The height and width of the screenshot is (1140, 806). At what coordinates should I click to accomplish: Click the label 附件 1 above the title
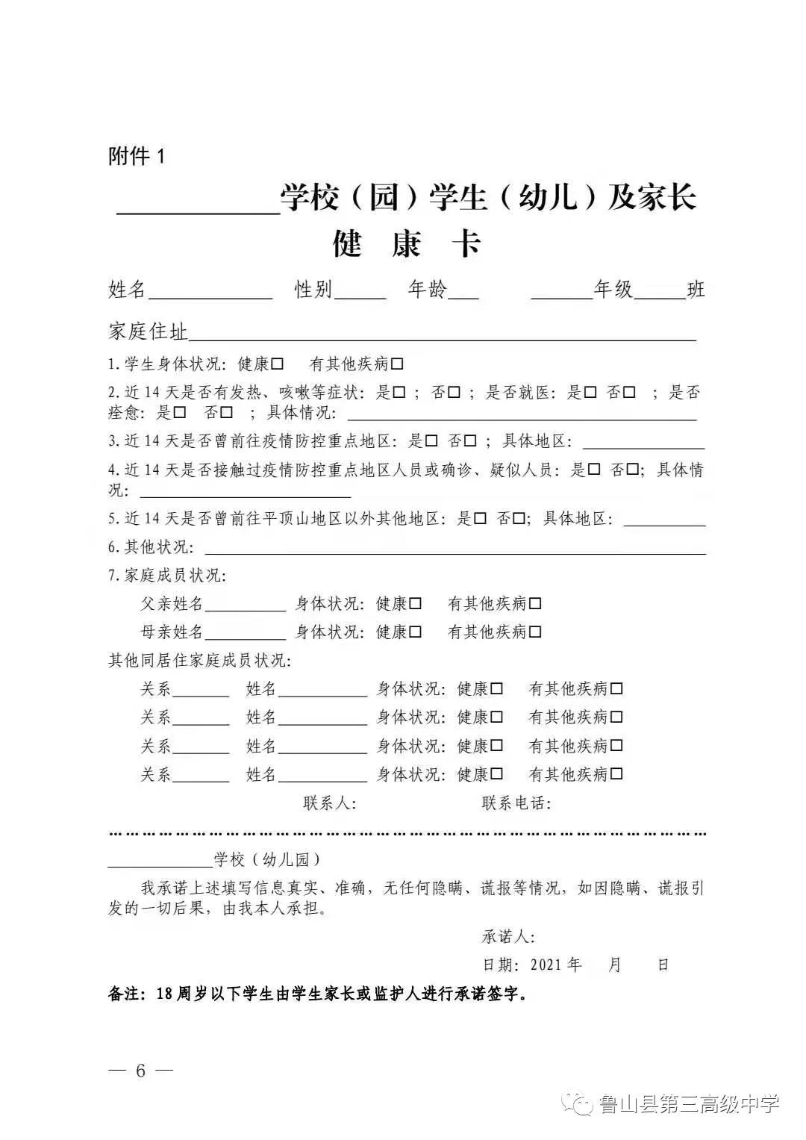(x=137, y=156)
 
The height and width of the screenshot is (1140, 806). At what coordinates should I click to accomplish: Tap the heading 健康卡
(x=406, y=244)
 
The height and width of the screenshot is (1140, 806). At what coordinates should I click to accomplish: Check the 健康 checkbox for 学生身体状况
(x=278, y=364)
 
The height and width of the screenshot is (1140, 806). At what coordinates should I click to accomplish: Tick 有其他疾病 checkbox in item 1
(x=397, y=364)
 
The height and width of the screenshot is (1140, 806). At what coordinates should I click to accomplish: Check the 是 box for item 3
(x=431, y=441)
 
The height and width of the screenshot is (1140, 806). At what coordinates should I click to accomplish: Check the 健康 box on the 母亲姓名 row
(x=416, y=632)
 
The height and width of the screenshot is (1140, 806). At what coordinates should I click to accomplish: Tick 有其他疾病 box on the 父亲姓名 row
(x=535, y=604)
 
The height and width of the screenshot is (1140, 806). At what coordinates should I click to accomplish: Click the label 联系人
(x=329, y=803)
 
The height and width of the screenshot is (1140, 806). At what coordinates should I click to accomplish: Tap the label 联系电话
(x=516, y=803)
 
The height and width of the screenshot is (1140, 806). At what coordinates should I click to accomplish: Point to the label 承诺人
(x=507, y=936)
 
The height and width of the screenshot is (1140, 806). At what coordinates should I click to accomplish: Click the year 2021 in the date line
(x=546, y=965)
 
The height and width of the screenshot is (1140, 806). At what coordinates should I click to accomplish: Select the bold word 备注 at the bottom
(x=127, y=994)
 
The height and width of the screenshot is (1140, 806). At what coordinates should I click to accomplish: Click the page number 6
(x=140, y=1071)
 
